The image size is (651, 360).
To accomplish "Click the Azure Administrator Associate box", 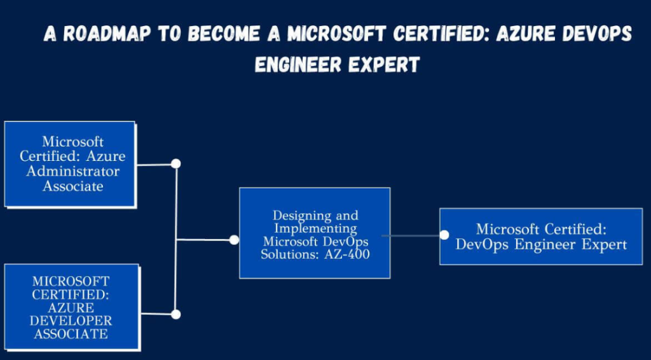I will (x=70, y=163).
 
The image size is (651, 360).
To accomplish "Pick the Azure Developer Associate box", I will (x=71, y=307).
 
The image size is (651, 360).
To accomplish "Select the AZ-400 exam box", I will (x=315, y=233).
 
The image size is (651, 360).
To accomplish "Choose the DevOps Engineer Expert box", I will (x=541, y=237).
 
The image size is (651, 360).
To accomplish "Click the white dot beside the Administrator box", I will (x=176, y=163).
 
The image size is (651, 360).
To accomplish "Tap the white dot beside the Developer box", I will (x=176, y=314).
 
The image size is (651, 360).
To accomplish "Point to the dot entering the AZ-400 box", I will (x=234, y=240).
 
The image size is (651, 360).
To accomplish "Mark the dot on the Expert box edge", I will (x=444, y=235).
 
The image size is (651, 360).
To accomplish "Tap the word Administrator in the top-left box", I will (x=81, y=171).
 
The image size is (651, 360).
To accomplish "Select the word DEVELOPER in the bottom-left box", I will (x=71, y=321).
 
